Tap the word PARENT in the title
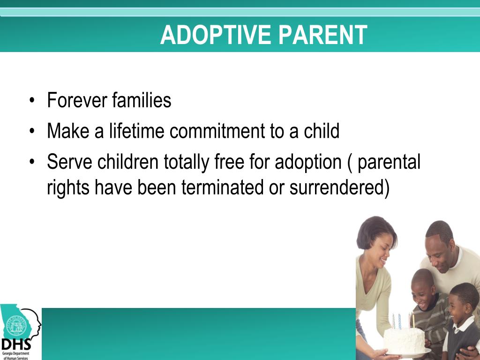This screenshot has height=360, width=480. (322, 35)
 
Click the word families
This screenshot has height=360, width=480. (142, 100)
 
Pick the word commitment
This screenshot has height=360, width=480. (217, 131)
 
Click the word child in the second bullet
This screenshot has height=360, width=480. (322, 131)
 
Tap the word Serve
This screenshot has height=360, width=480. (69, 162)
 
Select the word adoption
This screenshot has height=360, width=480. (308, 162)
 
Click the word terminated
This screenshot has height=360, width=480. (222, 187)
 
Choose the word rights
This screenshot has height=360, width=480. (68, 188)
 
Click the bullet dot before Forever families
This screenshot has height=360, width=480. (32, 100)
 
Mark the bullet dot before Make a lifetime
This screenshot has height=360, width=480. (32, 131)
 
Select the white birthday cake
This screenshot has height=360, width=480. (404, 340)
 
